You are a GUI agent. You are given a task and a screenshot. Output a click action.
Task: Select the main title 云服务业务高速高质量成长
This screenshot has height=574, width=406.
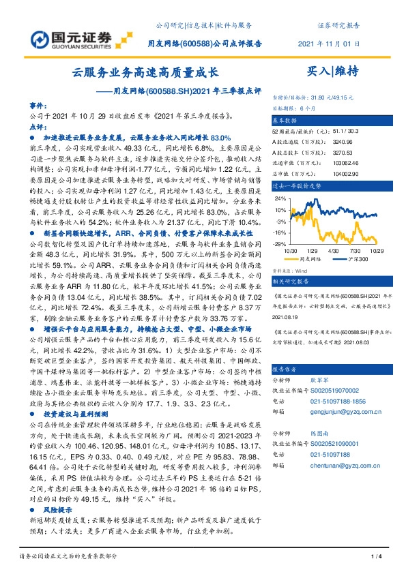click(x=145, y=72)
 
